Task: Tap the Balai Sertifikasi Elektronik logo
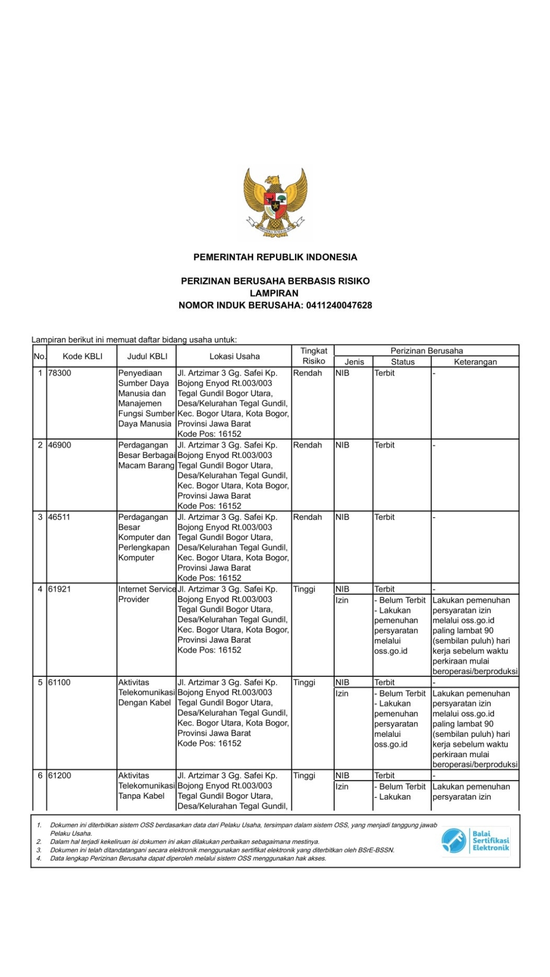click(476, 840)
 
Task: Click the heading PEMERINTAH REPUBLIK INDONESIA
click(275, 257)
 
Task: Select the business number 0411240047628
click(339, 305)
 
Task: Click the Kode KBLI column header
click(82, 356)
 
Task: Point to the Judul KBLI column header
click(147, 356)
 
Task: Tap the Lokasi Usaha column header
click(234, 356)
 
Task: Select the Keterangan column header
click(475, 362)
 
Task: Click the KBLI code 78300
click(60, 373)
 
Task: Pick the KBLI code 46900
click(60, 445)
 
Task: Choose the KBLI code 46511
click(59, 517)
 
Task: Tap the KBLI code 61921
click(60, 589)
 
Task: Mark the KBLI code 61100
click(59, 682)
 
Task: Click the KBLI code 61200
click(60, 775)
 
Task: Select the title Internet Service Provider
click(147, 594)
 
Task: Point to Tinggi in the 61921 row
click(304, 589)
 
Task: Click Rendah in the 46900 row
click(308, 445)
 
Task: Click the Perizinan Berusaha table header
click(426, 351)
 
